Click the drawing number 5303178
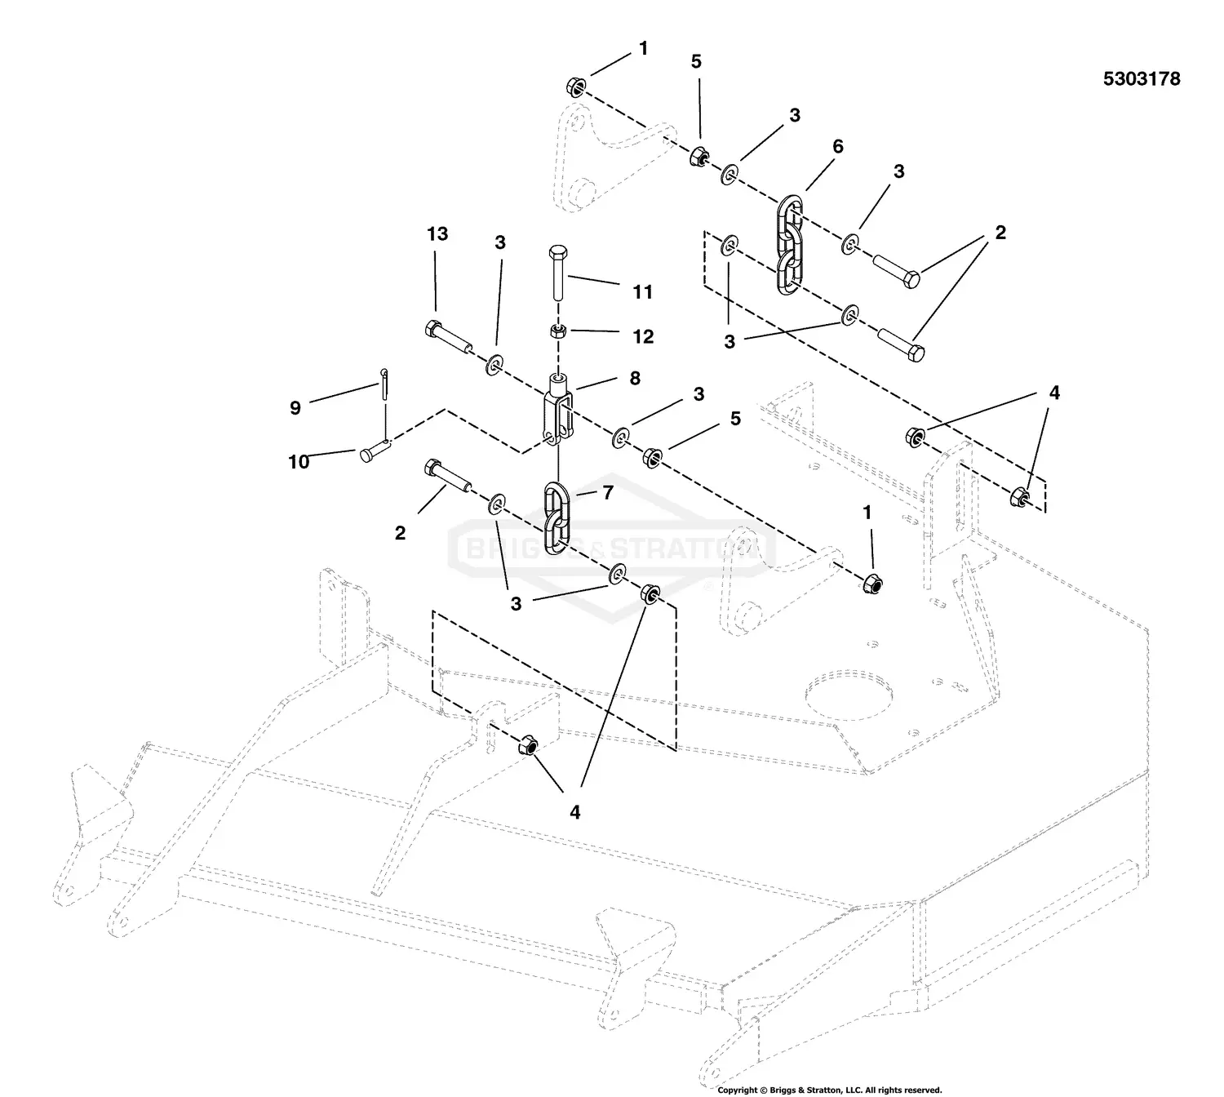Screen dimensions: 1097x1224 [1141, 79]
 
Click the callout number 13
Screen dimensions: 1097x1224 [437, 234]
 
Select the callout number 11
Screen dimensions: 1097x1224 [642, 292]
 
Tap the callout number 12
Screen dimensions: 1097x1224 [643, 336]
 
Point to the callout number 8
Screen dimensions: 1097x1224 [634, 379]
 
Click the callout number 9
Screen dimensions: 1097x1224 [295, 407]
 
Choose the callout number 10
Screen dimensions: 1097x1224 [299, 462]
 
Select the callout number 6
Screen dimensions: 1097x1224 [837, 147]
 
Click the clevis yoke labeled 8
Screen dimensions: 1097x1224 [557, 408]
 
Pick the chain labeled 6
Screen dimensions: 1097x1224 [788, 242]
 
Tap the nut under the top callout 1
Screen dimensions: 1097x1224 [574, 87]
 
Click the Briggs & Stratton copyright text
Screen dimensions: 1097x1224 [829, 1090]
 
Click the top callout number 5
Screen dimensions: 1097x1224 [696, 61]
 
